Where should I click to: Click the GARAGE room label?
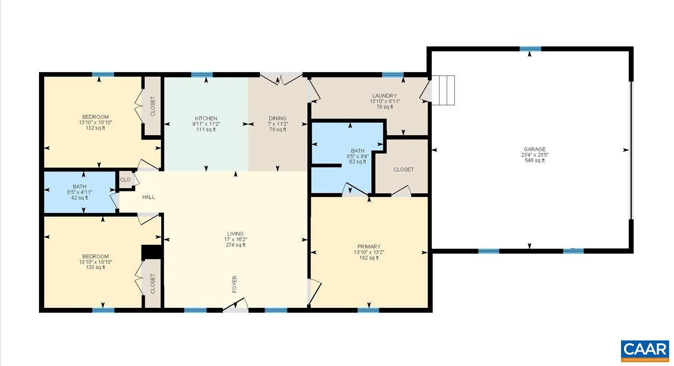(534, 149)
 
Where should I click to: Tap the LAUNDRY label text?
(384, 96)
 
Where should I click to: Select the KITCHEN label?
(206, 118)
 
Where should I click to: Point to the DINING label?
(277, 118)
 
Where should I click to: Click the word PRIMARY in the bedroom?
(369, 247)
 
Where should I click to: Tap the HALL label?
(148, 197)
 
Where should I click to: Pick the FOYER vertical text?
(234, 284)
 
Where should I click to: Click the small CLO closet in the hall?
(125, 180)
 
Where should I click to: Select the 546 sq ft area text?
(534, 161)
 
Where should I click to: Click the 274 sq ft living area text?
(235, 245)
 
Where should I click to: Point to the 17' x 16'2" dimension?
(235, 240)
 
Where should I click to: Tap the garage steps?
(443, 90)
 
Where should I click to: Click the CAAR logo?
(645, 351)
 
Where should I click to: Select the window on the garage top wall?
(530, 49)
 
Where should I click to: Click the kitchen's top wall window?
(202, 75)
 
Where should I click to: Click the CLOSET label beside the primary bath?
(403, 170)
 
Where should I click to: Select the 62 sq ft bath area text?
(357, 162)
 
